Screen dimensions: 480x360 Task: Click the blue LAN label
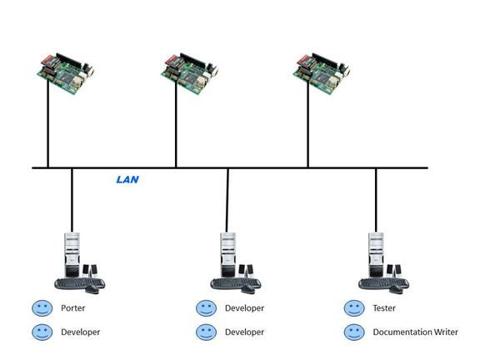point(127,179)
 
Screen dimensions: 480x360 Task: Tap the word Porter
point(72,308)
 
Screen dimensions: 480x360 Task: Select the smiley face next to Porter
point(42,308)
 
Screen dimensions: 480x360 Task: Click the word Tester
point(384,308)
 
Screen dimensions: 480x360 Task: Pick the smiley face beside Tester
point(354,308)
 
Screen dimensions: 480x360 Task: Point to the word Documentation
point(400,332)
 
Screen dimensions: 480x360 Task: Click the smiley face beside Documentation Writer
point(354,332)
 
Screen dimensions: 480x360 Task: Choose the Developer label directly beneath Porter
point(81,332)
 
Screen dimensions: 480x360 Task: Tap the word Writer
point(444,332)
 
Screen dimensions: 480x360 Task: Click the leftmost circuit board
point(66,74)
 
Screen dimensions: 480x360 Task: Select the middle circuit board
point(190,74)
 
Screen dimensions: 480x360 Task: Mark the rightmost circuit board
point(322,74)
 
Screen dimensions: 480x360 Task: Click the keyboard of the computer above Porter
point(78,283)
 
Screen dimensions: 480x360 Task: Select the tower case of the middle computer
point(228,255)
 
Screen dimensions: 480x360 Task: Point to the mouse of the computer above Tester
point(397,289)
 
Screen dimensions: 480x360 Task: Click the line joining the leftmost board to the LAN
point(48,124)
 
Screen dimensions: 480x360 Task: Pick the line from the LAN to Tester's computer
point(376,200)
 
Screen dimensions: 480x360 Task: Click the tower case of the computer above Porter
point(72,255)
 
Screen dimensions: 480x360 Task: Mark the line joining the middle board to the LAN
point(176,124)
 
